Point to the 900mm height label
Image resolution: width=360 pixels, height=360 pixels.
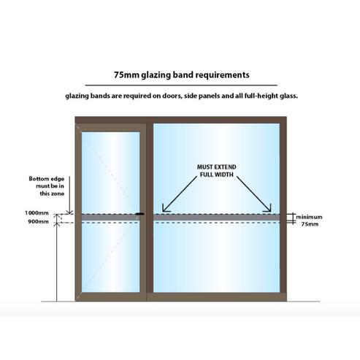(40, 221)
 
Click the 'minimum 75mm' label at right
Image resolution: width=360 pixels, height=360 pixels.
(310, 221)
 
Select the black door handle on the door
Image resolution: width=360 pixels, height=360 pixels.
(138, 214)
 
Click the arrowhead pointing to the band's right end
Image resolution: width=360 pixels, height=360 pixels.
(271, 209)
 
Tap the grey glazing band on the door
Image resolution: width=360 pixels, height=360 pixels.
(110, 217)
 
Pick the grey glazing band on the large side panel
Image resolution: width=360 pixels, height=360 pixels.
(215, 217)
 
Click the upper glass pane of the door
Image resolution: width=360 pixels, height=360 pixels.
(110, 172)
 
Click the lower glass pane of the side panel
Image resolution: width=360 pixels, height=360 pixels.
(215, 256)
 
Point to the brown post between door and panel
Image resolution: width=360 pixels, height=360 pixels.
(148, 212)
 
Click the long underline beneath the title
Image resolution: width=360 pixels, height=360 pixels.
(180, 85)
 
